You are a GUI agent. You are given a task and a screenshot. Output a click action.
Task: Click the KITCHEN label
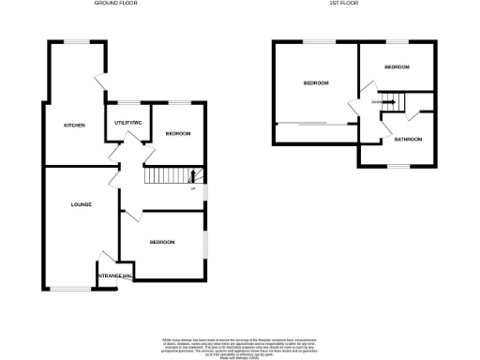click(74, 126)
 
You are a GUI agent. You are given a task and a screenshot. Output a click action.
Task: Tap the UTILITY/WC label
click(127, 123)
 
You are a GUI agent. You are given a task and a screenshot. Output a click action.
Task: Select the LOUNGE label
click(80, 203)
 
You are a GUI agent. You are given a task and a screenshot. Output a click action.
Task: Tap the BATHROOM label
click(407, 140)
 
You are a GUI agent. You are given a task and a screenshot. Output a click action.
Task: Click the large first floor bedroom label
click(316, 83)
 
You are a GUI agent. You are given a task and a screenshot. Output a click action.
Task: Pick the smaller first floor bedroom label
click(397, 67)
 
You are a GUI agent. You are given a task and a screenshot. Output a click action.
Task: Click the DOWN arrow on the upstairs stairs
click(378, 101)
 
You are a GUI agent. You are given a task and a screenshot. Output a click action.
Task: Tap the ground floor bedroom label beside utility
click(178, 134)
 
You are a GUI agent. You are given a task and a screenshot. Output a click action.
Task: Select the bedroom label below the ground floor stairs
click(162, 242)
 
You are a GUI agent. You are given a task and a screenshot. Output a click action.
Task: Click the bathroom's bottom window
click(398, 167)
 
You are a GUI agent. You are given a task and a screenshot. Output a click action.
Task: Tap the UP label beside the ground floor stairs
click(193, 189)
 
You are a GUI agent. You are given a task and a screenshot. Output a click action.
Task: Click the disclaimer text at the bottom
click(240, 344)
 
